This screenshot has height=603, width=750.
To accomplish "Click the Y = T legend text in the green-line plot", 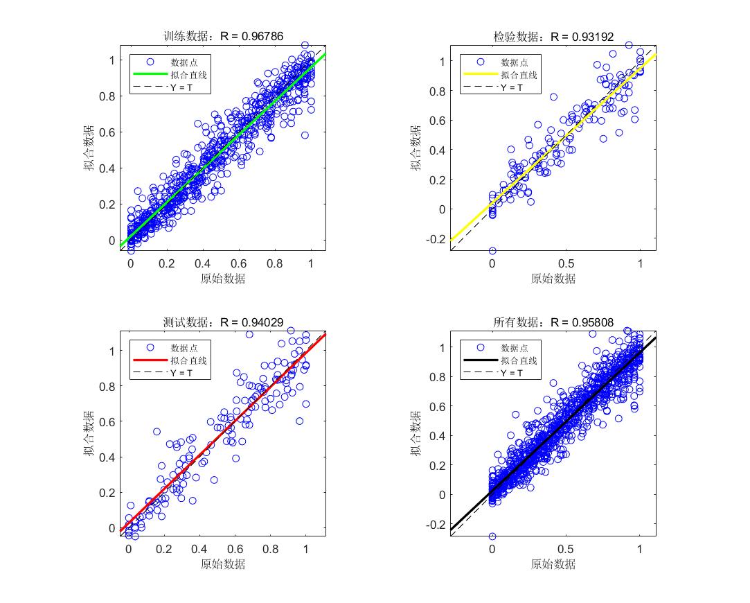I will [x=181, y=87].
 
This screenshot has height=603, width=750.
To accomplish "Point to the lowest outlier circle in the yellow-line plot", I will [x=492, y=251].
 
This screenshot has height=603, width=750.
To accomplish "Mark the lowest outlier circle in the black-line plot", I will [x=492, y=536].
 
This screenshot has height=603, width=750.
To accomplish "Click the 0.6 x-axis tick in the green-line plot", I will [x=238, y=264].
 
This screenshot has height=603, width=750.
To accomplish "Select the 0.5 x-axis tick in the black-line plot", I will [x=566, y=550].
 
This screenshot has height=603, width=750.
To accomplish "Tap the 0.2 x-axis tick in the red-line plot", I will [x=163, y=550].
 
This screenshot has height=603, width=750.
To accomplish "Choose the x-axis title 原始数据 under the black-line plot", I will [x=553, y=564].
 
